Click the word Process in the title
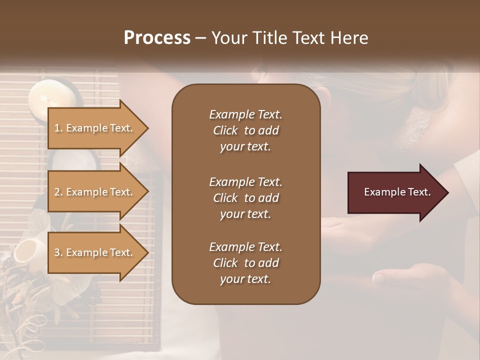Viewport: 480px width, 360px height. pos(157,37)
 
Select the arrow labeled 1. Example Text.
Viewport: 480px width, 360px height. pos(95,128)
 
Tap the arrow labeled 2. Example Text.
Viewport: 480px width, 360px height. pos(95,192)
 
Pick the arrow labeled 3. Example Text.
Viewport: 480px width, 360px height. pos(95,252)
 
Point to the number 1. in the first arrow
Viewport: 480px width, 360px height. pos(58,128)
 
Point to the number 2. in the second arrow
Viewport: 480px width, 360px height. pos(58,192)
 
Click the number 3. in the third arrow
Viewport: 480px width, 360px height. pos(58,252)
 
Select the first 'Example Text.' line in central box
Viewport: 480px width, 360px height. pos(245,114)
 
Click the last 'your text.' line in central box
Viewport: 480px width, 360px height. pos(245,279)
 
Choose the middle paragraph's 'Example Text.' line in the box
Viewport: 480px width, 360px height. pos(245,181)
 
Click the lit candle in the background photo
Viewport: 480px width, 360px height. pos(42,98)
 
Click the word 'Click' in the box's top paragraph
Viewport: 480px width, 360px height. pos(225,130)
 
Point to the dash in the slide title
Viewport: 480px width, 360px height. pos(200,38)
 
